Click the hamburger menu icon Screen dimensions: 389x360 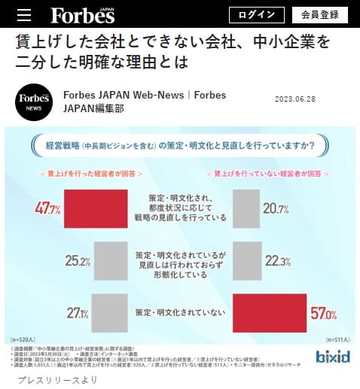[x=23, y=15]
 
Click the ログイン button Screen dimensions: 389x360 [x=257, y=14]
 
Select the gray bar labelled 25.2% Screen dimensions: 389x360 [x=111, y=261]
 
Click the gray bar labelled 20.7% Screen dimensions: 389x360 [x=251, y=208]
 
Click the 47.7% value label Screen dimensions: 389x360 [x=47, y=208]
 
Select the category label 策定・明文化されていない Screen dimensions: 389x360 [x=180, y=312]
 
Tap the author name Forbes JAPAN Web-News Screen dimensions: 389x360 [x=124, y=96]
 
